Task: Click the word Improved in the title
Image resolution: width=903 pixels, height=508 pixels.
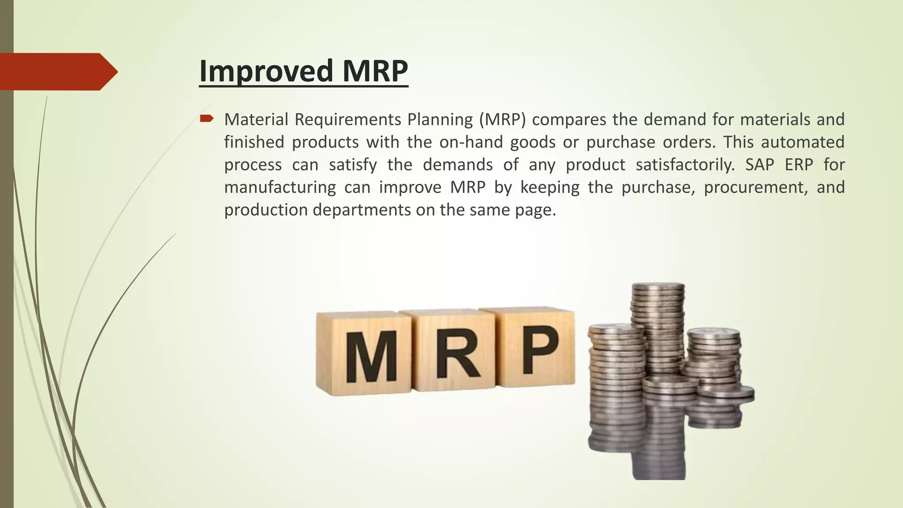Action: pyautogui.click(x=266, y=71)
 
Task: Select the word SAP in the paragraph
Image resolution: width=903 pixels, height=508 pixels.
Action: pyautogui.click(x=760, y=164)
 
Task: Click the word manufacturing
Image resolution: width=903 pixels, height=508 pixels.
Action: pyautogui.click(x=280, y=187)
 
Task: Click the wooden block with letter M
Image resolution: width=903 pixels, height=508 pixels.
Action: pyautogui.click(x=364, y=354)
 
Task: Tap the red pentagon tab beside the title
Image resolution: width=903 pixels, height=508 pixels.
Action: pyautogui.click(x=57, y=71)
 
